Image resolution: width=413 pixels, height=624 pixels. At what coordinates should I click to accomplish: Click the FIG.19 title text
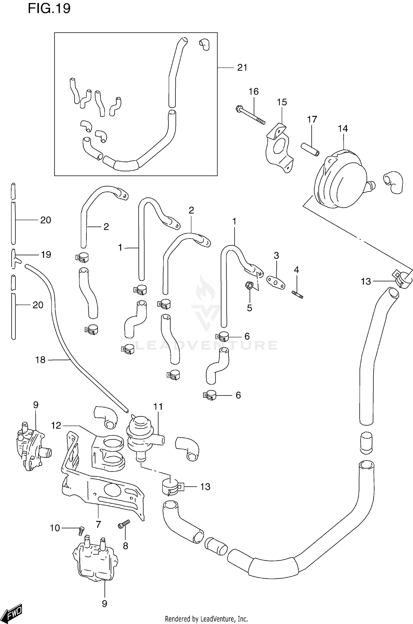[x=49, y=9]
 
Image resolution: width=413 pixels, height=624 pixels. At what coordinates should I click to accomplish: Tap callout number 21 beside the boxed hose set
[x=242, y=68]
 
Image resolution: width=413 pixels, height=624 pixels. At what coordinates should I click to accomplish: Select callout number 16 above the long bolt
[x=254, y=92]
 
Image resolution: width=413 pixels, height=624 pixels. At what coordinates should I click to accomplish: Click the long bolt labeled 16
[x=250, y=115]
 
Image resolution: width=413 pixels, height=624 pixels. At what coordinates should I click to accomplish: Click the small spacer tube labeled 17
[x=310, y=149]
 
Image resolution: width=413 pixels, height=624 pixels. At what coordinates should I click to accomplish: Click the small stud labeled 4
[x=297, y=295]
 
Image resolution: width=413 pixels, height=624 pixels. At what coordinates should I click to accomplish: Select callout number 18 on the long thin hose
[x=40, y=360]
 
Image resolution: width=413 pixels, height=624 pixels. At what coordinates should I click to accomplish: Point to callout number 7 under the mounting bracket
[x=98, y=524]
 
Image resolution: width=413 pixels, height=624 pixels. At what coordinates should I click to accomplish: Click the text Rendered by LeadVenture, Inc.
[x=206, y=619]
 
